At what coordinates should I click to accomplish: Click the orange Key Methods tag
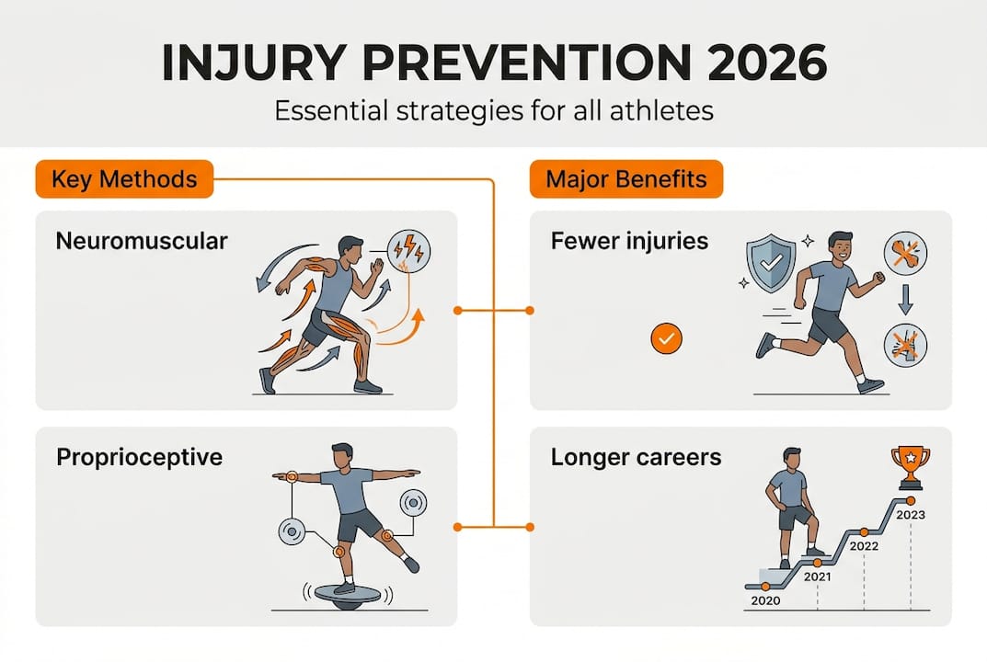(x=124, y=178)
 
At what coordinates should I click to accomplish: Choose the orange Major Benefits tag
(x=626, y=178)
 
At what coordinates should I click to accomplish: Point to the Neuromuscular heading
(x=142, y=242)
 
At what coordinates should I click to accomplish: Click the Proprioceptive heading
(x=139, y=457)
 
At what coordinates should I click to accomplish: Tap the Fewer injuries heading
(x=629, y=242)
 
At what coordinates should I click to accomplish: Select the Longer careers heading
(x=636, y=457)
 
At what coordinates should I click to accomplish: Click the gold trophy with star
(x=910, y=466)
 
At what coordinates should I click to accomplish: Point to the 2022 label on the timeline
(x=863, y=545)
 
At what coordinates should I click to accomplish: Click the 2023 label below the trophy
(x=910, y=515)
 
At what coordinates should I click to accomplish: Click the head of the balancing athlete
(x=341, y=455)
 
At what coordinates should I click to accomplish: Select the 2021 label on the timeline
(x=817, y=576)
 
